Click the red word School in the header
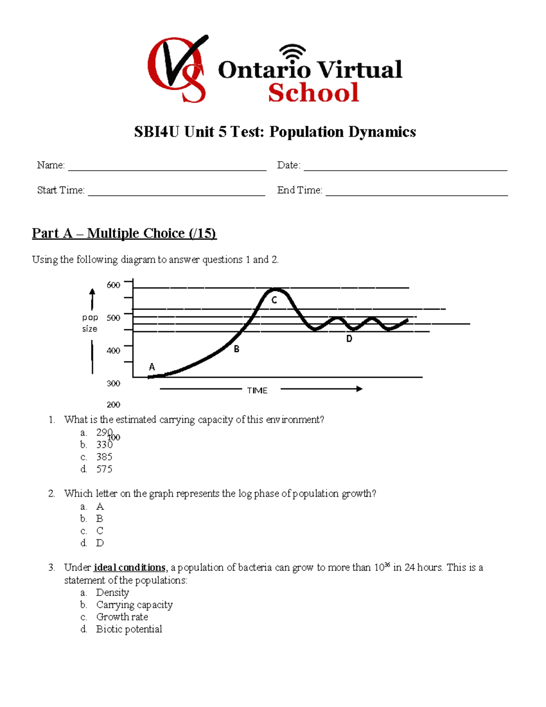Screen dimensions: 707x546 313,93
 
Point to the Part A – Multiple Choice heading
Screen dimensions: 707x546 124,233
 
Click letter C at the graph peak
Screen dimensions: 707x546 274,300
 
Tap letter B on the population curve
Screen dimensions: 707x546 237,349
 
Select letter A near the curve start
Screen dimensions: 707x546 152,367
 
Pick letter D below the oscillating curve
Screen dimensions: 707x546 349,339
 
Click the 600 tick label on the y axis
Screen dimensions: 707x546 113,285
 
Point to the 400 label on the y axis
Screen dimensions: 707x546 113,351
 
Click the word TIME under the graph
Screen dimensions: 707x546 257,391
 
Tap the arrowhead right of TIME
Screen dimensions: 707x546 359,389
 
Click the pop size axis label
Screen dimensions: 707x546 90,323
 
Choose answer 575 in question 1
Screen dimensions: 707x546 104,469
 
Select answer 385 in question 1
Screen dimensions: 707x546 104,457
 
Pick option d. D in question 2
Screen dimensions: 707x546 100,543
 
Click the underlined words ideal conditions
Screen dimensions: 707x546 129,568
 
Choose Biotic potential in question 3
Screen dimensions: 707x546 129,629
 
